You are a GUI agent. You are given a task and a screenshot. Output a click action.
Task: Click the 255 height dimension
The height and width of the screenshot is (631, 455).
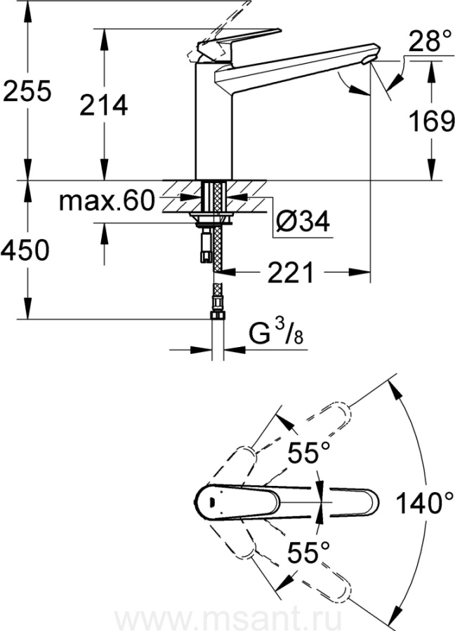(27, 90)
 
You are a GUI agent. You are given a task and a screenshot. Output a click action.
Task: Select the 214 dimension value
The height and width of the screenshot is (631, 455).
(104, 105)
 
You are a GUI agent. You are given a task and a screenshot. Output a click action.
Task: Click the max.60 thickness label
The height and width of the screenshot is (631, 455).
(107, 201)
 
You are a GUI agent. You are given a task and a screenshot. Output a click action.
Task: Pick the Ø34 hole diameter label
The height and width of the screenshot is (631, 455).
(302, 220)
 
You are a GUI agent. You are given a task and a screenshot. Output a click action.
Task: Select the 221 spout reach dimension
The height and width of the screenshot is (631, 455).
(291, 272)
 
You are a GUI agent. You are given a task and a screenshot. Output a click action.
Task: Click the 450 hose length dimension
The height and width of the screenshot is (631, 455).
(25, 250)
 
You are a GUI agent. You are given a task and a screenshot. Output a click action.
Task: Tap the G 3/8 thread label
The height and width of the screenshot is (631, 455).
(276, 333)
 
